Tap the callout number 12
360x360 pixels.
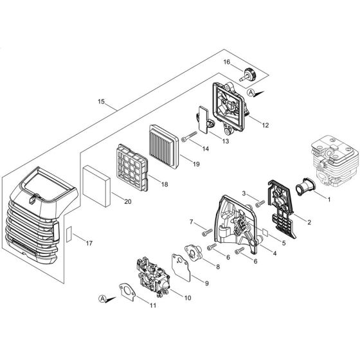point(265,125)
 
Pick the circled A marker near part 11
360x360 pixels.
point(102,298)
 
